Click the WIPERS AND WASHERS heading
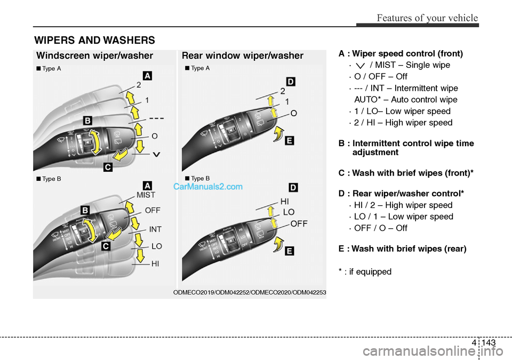94,40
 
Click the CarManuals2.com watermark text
207,187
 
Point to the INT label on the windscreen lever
155,229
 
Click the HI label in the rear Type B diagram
285,202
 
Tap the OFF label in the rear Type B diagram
299,223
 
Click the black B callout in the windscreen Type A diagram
87,120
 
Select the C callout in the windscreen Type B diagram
107,246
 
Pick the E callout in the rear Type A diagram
289,140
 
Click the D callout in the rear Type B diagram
293,187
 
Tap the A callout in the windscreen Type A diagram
147,76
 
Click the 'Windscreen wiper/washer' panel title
95,55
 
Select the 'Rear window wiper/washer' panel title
243,55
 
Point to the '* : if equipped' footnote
365,271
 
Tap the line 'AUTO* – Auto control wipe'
405,100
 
